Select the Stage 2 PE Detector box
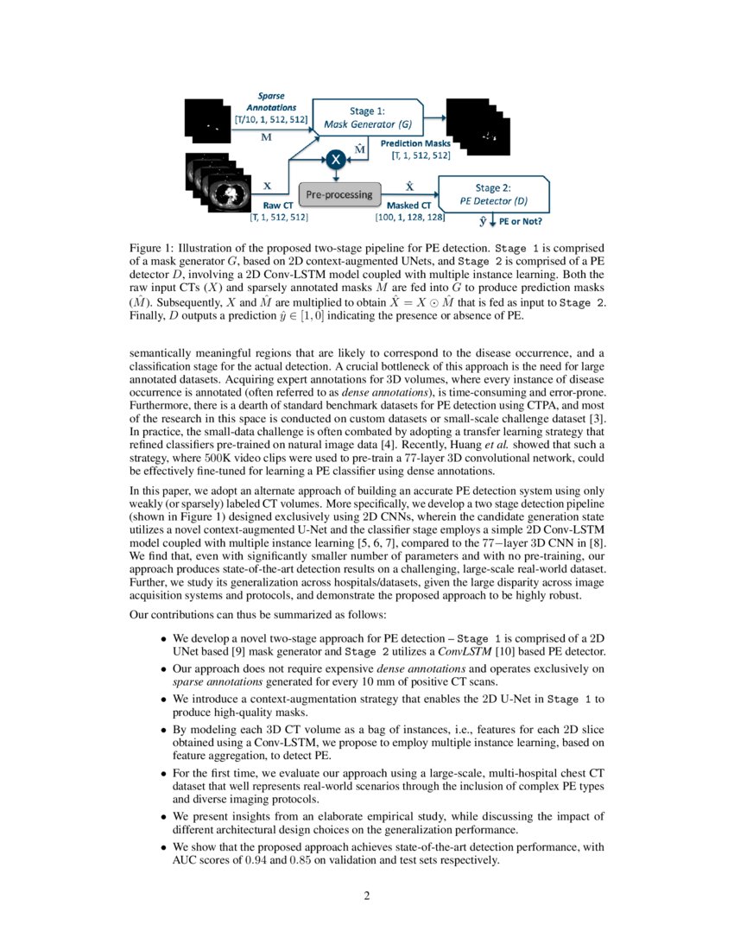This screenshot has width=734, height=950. pyautogui.click(x=495, y=193)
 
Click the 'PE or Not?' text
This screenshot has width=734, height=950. pyautogui.click(x=528, y=223)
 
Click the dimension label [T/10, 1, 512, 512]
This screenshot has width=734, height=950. pyautogui.click(x=272, y=120)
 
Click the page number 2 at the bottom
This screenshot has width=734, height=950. pyautogui.click(x=366, y=896)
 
